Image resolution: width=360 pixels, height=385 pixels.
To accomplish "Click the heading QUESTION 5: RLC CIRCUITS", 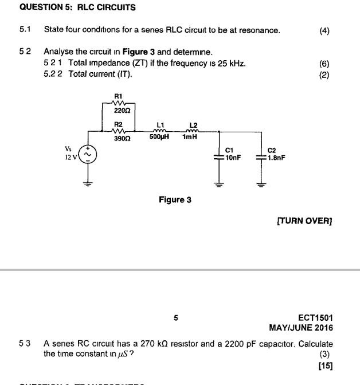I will (x=69, y=7).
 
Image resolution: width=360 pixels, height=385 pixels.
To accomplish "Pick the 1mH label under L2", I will (x=190, y=137).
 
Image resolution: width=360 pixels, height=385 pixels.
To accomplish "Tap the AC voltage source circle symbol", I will (x=88, y=155).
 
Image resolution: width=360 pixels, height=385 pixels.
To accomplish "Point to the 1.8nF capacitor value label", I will (x=276, y=158).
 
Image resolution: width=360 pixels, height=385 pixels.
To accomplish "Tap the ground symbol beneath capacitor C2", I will (x=261, y=184).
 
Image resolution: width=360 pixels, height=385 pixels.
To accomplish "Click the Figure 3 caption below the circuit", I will (x=175, y=200).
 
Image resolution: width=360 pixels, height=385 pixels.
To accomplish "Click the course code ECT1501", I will (x=315, y=317).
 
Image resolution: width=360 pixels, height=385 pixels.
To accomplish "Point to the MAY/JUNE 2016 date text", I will (x=300, y=328).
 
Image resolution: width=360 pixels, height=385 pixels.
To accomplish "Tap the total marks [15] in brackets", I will (x=324, y=365).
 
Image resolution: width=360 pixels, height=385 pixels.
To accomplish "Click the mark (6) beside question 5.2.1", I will (x=324, y=64).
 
